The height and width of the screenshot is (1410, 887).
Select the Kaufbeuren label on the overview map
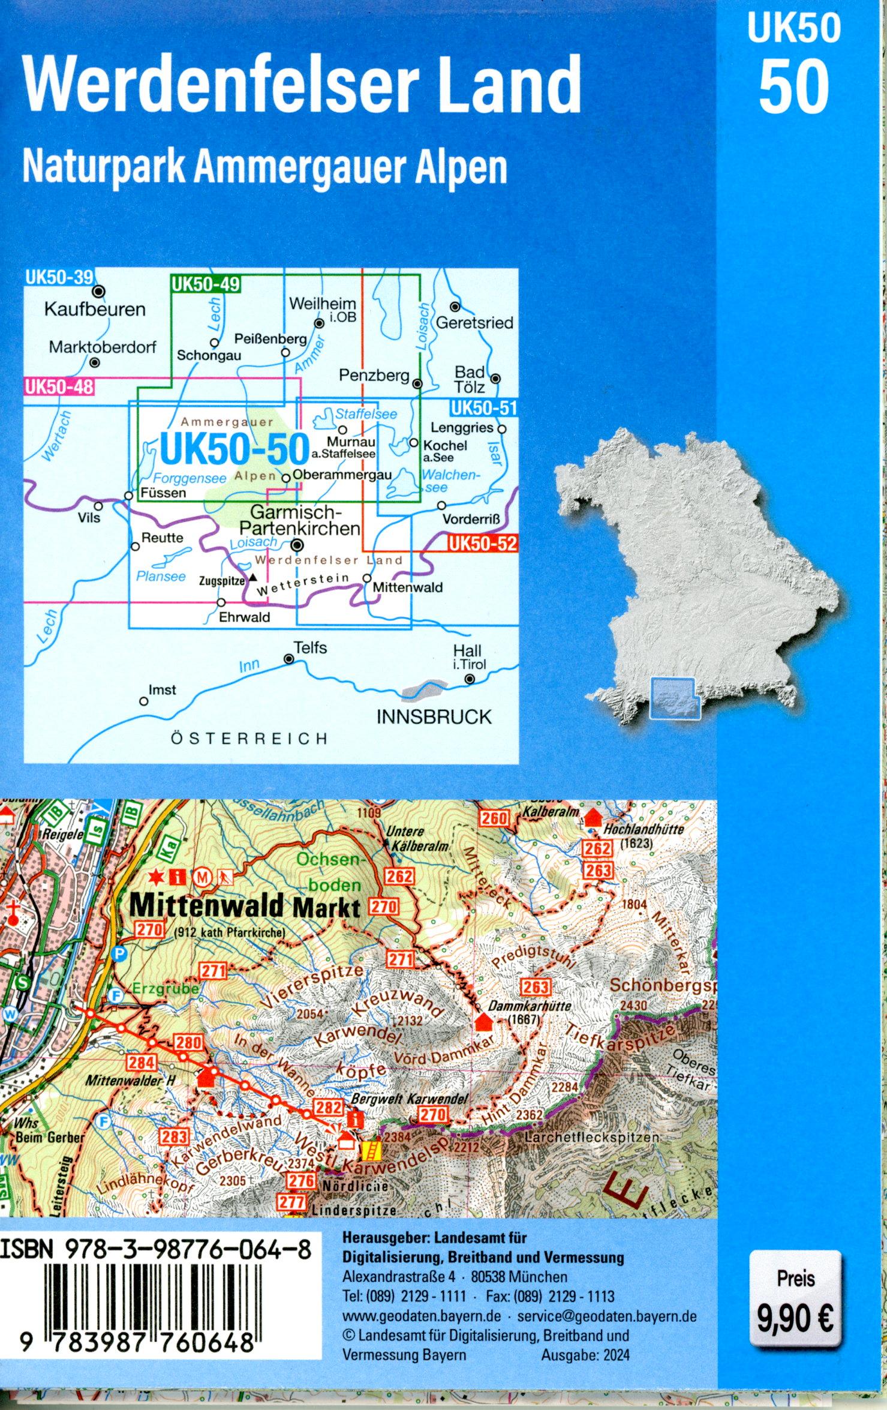[x=95, y=310]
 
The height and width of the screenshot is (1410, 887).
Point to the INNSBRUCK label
[x=434, y=717]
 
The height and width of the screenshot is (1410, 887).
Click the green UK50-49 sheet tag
[x=206, y=284]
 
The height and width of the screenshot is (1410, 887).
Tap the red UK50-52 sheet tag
[x=482, y=544]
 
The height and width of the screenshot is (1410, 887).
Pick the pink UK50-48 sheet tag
[x=59, y=386]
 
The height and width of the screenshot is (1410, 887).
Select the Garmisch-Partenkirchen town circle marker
[x=296, y=546]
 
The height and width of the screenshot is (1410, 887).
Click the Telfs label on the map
[x=310, y=648]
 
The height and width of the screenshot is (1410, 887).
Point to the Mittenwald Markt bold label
[x=244, y=906]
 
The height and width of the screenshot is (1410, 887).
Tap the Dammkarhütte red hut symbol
[x=483, y=1021]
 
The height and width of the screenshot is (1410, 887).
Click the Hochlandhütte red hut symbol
[x=593, y=818]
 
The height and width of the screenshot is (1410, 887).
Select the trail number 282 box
[x=329, y=1108]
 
